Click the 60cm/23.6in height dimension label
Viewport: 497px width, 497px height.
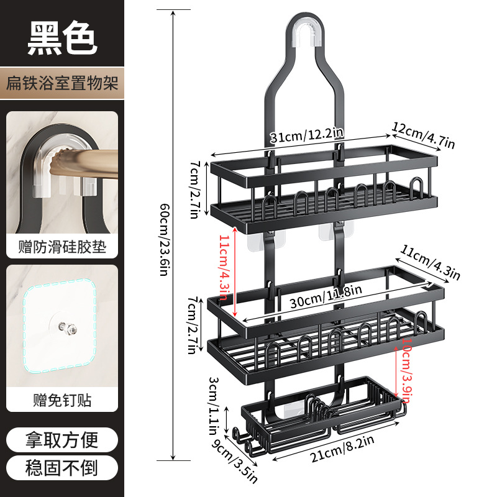(x=164, y=240)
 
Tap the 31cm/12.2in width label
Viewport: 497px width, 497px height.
(x=307, y=135)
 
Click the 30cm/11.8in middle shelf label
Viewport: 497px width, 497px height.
(x=326, y=297)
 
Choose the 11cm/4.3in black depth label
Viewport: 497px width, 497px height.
(x=430, y=263)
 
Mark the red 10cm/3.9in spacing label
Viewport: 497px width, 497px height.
(x=407, y=370)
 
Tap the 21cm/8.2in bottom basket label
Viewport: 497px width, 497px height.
(x=342, y=449)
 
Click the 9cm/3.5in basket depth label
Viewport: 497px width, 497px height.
(x=235, y=460)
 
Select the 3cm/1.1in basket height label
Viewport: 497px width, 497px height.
(x=213, y=406)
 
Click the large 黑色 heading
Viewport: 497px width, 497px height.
(x=62, y=38)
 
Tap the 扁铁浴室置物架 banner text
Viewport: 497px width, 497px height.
(x=62, y=83)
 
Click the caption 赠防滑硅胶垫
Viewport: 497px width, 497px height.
(x=62, y=247)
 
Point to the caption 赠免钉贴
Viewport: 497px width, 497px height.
(x=62, y=400)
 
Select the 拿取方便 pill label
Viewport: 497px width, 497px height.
(x=62, y=440)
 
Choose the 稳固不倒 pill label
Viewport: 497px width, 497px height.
(x=62, y=468)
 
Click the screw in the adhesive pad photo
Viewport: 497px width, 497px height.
(x=68, y=328)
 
